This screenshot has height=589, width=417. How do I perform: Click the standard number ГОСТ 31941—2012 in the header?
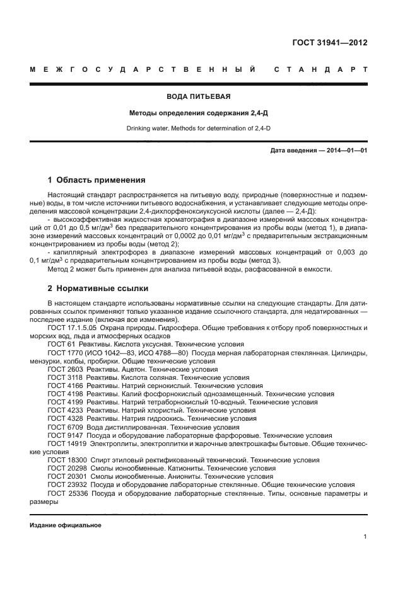point(330,43)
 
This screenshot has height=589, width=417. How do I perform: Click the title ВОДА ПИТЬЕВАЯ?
point(198,97)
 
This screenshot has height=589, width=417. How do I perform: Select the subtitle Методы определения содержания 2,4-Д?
point(198,113)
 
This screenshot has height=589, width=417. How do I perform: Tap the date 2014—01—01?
point(346,151)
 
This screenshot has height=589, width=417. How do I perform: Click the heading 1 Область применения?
point(97,180)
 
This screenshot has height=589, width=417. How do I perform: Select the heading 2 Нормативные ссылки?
point(98,289)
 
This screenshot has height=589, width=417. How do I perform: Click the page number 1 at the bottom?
point(365,537)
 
